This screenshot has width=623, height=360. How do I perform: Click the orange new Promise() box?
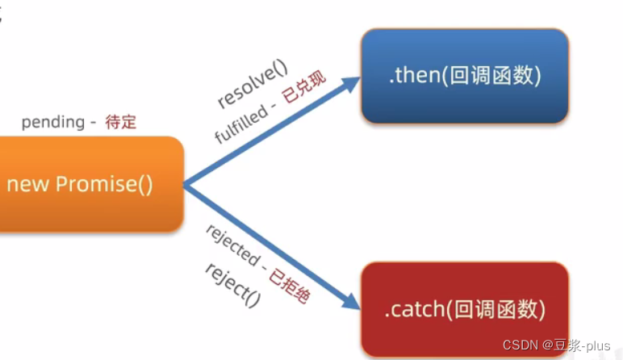click(x=89, y=184)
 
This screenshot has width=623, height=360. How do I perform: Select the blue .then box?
click(x=464, y=76)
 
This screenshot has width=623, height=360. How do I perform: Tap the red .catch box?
click(x=464, y=308)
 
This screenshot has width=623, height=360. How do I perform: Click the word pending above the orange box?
click(x=52, y=122)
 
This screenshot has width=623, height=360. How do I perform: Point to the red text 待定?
click(x=120, y=122)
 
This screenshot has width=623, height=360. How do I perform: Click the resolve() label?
click(x=253, y=84)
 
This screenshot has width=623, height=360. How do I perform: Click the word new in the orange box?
click(x=27, y=184)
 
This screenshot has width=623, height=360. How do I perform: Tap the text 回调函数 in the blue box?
click(x=491, y=76)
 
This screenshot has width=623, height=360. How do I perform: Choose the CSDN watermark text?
click(x=520, y=345)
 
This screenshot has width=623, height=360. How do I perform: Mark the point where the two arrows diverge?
click(x=185, y=186)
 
